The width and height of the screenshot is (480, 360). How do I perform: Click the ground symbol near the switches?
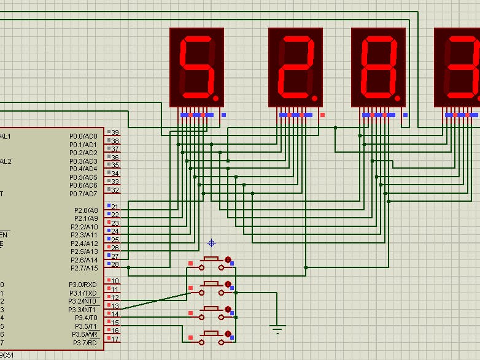click(x=277, y=329)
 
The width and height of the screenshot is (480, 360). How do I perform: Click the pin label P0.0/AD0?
click(x=83, y=136)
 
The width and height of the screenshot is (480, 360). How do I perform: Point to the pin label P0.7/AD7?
click(x=83, y=194)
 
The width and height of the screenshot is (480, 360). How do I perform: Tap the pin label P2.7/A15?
click(x=84, y=268)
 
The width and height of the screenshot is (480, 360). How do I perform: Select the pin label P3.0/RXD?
click(x=83, y=285)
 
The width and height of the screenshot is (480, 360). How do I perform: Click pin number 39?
click(x=115, y=133)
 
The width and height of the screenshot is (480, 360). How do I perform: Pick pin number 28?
click(x=115, y=265)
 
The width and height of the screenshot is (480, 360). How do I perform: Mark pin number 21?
click(x=115, y=207)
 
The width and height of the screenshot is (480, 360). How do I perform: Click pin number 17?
click(x=115, y=339)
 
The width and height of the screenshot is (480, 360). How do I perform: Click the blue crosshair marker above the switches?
click(x=212, y=243)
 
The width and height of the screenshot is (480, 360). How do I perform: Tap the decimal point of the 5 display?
click(x=215, y=97)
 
